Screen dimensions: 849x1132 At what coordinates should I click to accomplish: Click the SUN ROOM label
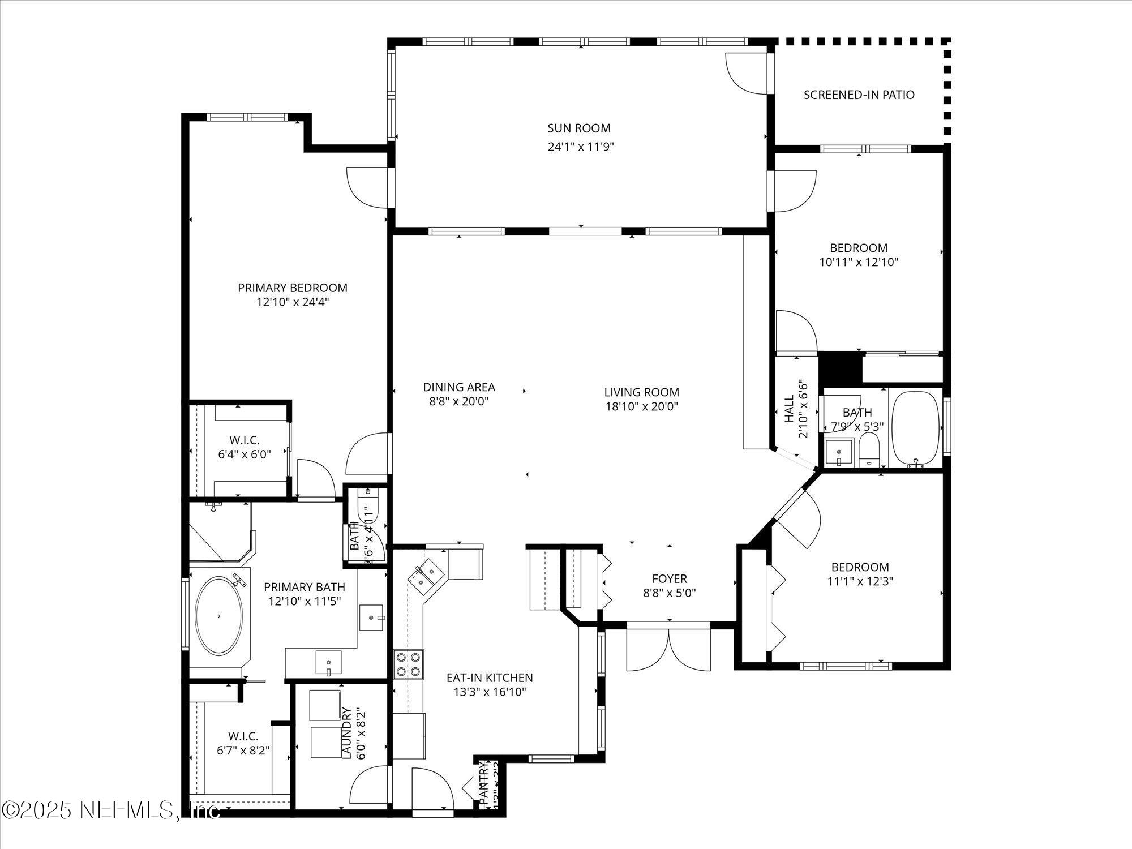point(578,128)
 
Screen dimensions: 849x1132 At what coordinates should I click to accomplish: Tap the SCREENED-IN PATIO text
point(859,95)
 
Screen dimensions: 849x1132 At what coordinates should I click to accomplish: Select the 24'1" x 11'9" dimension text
point(581,147)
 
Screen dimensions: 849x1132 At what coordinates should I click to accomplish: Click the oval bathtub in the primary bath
point(219,616)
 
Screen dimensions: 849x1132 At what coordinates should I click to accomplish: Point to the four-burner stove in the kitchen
point(408,664)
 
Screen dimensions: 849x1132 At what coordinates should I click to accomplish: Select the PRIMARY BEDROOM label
point(292,288)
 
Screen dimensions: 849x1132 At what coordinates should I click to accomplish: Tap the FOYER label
point(669,578)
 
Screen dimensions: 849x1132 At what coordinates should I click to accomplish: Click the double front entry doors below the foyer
point(668,648)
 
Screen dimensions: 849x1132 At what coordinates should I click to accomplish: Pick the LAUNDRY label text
point(347,733)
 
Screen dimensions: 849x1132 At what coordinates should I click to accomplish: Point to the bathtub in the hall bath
point(915,428)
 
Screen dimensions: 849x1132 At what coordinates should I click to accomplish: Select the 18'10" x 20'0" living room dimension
point(641,406)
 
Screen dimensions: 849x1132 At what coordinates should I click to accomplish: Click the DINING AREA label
point(458,387)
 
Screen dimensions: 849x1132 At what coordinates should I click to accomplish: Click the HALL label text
point(790,409)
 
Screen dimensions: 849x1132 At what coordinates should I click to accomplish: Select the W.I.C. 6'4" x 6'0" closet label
point(244,447)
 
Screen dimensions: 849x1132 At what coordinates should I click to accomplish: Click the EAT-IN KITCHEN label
point(490,678)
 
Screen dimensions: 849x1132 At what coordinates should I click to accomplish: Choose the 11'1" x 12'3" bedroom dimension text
point(860,581)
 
